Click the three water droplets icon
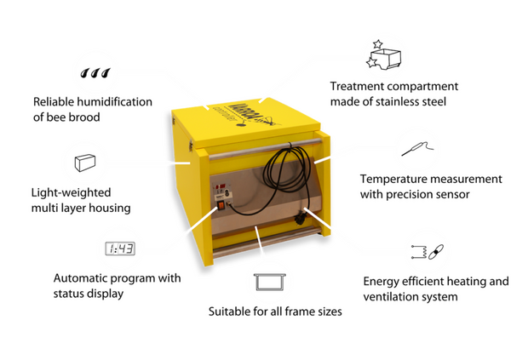click(95, 73)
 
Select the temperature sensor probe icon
click(418, 149)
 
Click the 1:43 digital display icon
click(120, 249)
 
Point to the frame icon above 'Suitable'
click(269, 283)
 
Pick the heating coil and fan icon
click(427, 252)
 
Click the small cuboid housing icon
click(85, 163)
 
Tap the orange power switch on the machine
click(221, 205)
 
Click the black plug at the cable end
click(300, 220)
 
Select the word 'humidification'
click(115, 102)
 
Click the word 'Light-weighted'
click(71, 193)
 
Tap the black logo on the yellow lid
click(254, 115)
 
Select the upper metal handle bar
click(265, 149)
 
